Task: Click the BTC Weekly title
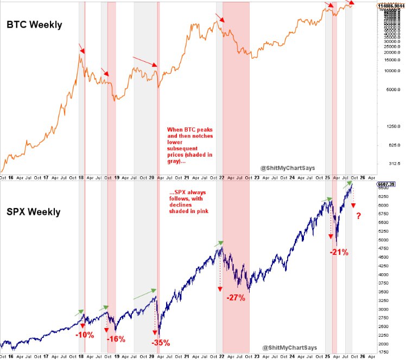tap(34, 25)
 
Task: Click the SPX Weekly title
tap(34, 211)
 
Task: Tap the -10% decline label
tap(85, 335)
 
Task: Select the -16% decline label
tap(116, 339)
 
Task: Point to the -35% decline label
tap(161, 342)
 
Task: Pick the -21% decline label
tap(339, 252)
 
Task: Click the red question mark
tap(359, 217)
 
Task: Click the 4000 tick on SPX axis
tap(386, 274)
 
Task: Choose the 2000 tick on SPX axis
tap(386, 344)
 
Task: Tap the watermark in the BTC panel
tap(288, 168)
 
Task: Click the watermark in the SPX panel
tap(288, 347)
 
